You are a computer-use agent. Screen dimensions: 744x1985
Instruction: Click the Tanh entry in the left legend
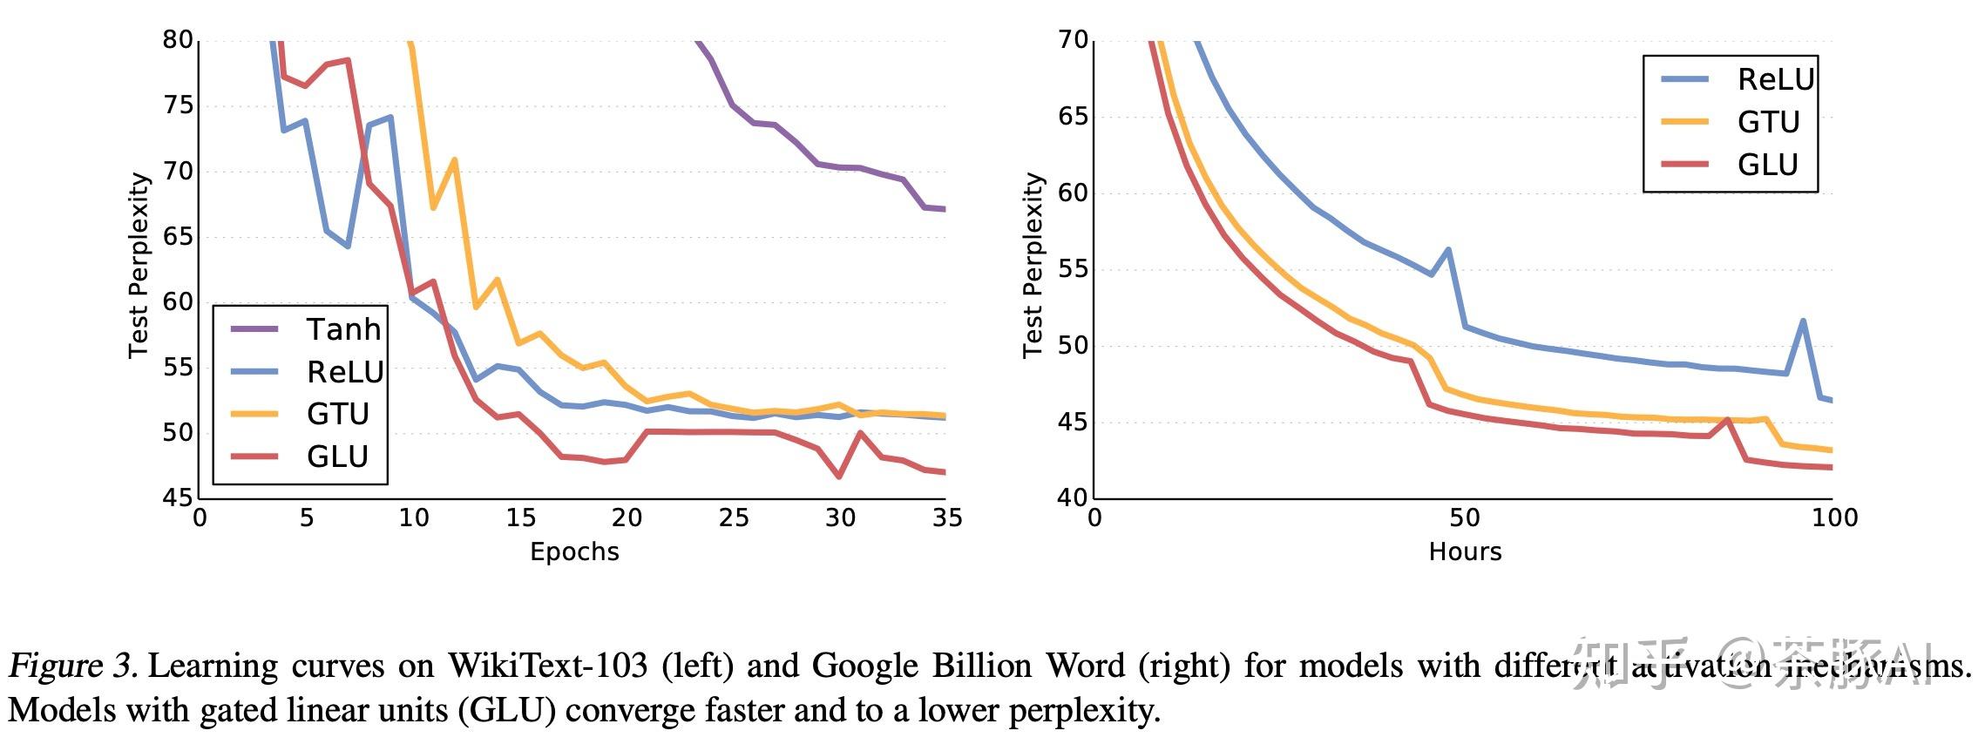343,329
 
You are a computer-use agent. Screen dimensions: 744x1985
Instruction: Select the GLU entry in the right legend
1767,165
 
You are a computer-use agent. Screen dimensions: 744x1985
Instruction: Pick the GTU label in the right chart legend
1768,122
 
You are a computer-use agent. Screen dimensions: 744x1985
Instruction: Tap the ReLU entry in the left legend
345,372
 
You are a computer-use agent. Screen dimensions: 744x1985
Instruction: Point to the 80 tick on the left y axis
178,40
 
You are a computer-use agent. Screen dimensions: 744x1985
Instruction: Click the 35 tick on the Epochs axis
947,518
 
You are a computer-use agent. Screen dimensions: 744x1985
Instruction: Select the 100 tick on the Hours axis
1834,518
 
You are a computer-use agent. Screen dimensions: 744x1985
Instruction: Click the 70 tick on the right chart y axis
1073,40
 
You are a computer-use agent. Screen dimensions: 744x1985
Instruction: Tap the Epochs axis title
574,551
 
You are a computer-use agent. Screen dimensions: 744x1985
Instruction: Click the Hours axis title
1465,551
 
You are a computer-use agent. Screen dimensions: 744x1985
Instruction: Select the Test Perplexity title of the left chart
139,265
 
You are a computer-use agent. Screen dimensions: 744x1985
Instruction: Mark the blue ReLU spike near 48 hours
1448,250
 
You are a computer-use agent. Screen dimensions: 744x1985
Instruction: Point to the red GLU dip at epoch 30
839,477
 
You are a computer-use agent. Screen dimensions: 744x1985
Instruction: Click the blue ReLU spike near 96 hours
1803,321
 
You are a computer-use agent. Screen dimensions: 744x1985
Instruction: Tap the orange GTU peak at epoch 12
454,160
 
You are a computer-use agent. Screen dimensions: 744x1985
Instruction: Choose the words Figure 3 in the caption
71,666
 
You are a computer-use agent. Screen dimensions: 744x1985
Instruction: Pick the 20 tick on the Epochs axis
627,518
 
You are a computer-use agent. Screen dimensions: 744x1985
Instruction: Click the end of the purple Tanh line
945,209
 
